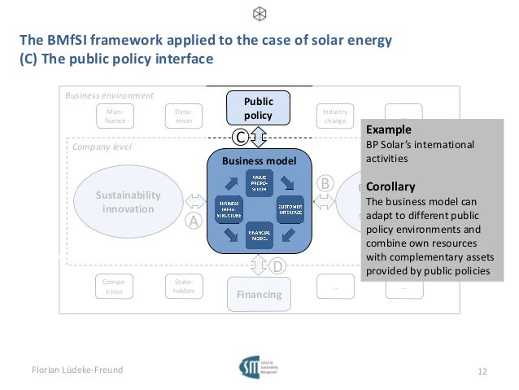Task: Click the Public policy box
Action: pos(259,108)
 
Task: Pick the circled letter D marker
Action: pos(277,265)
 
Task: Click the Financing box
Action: pos(259,294)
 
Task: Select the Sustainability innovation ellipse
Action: pos(128,202)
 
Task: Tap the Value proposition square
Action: pos(259,182)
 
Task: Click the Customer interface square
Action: pos(290,208)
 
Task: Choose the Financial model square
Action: pos(259,235)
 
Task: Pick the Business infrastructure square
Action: pos(229,209)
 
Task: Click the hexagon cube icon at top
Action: pos(259,14)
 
